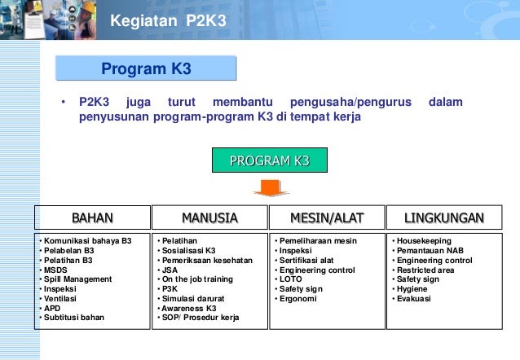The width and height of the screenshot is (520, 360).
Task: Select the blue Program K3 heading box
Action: pyautogui.click(x=146, y=68)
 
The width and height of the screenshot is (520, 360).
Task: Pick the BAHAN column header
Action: pyautogui.click(x=92, y=217)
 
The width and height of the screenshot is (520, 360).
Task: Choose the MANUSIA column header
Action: pyautogui.click(x=209, y=217)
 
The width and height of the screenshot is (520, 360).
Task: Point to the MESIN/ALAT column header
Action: pyautogui.click(x=327, y=217)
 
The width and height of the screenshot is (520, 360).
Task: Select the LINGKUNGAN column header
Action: pyautogui.click(x=444, y=217)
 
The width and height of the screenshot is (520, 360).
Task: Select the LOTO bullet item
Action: pyautogui.click(x=290, y=279)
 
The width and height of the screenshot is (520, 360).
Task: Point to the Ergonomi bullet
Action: pyautogui.click(x=298, y=298)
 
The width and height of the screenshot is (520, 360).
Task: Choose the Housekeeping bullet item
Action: pyautogui.click(x=423, y=242)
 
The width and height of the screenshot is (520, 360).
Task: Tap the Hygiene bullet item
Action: pyautogui.click(x=413, y=288)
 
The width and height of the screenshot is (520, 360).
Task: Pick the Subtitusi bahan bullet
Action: pyautogui.click(x=74, y=317)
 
